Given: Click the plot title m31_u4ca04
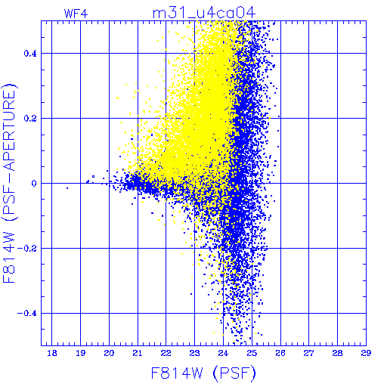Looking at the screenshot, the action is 204,13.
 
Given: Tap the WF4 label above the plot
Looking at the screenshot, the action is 76,14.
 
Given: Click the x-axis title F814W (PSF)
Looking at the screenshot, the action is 203,373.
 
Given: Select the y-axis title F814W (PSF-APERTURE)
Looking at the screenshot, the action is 10,184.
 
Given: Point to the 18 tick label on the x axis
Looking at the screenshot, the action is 52,353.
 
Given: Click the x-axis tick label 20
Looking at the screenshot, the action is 109,353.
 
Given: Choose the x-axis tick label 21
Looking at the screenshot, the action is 138,353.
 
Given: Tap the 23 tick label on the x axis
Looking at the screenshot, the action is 194,353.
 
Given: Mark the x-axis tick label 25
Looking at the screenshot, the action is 252,353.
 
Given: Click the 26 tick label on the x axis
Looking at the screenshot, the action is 280,353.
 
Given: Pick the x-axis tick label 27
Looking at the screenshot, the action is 308,353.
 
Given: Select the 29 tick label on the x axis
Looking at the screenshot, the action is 366,353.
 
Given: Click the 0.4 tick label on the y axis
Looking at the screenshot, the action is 30,53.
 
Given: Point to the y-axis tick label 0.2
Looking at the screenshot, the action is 30,118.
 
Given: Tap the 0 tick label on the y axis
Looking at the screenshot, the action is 34,183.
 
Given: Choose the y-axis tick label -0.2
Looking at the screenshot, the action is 27,248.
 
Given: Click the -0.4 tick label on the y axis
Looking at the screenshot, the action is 27,313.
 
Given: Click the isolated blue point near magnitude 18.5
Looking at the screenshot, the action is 67,188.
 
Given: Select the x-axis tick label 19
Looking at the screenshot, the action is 81,353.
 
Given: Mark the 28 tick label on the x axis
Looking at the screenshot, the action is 337,353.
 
